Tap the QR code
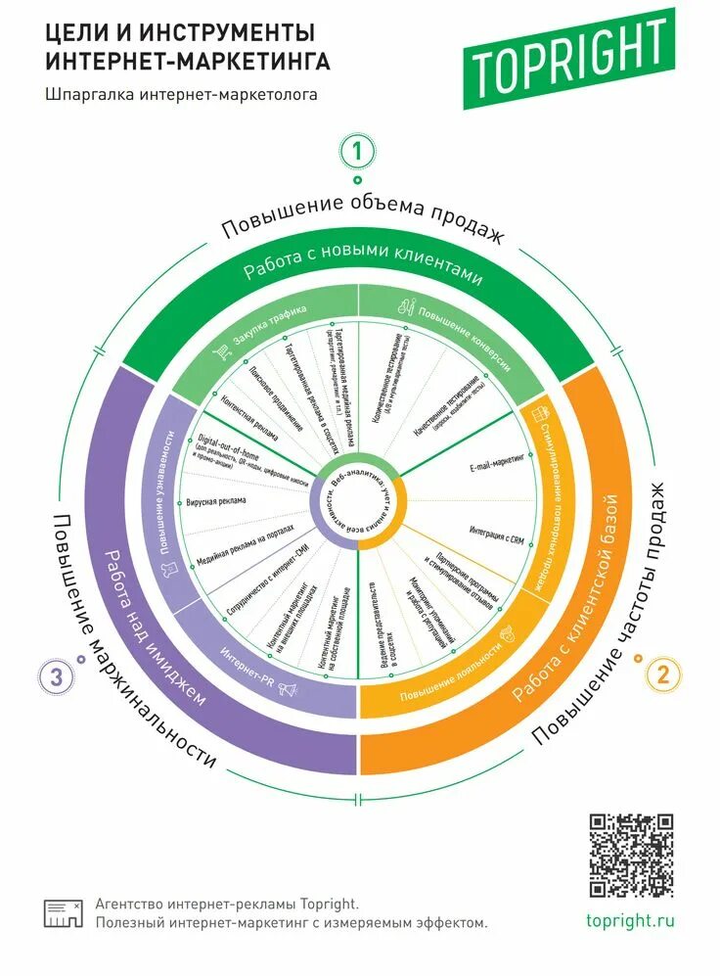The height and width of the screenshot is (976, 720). click(x=631, y=855)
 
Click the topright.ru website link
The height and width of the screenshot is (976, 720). click(x=631, y=921)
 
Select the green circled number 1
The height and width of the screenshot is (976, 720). click(x=358, y=152)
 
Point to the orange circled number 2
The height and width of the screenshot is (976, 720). click(x=662, y=674)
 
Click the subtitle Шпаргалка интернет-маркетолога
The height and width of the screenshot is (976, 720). click(x=182, y=95)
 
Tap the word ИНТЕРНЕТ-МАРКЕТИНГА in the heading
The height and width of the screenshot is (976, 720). click(x=188, y=61)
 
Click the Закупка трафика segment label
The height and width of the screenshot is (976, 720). click(x=269, y=327)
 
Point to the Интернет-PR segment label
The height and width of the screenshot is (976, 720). click(x=246, y=665)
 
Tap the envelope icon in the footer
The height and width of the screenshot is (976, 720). click(x=63, y=913)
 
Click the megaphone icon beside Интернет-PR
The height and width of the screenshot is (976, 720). click(x=288, y=689)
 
